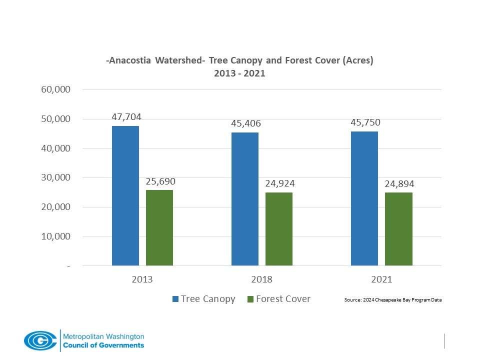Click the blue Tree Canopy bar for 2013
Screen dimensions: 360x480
coord(125,195)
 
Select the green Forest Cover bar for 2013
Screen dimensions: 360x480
coord(159,227)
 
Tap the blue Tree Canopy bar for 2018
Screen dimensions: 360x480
coord(245,199)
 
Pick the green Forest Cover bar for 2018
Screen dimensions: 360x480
coord(279,228)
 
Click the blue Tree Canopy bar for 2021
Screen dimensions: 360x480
coord(364,198)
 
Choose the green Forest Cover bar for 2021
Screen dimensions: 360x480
coord(398,228)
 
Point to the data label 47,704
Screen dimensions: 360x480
coord(126,117)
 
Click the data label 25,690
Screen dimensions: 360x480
coord(160,181)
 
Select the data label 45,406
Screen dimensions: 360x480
coord(245,123)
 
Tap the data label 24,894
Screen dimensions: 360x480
coord(399,184)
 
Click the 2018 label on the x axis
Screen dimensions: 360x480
coord(262,279)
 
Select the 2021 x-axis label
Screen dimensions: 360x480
coord(381,279)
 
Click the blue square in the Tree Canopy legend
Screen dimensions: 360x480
coord(175,299)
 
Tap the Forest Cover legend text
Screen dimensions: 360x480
coord(283,299)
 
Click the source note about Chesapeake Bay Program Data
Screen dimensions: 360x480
coord(393,300)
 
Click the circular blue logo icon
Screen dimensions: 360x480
coord(40,340)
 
